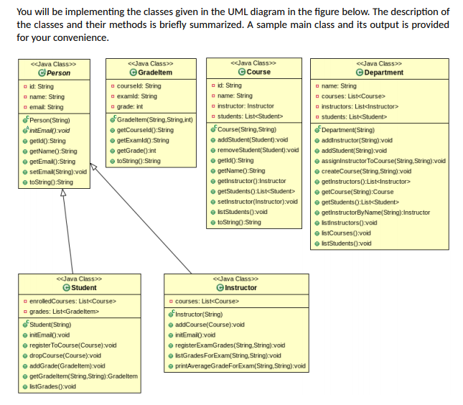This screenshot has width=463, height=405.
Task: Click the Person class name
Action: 58,73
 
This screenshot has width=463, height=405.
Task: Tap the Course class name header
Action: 257,73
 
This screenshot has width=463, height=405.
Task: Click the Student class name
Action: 84,287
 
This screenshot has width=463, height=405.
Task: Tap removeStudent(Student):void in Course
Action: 256,150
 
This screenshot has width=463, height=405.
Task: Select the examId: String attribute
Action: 136,96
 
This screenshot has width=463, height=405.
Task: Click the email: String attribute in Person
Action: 46,107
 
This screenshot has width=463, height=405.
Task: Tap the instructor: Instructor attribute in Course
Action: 245,106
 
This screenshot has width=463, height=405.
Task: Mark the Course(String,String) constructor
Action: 247,129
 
